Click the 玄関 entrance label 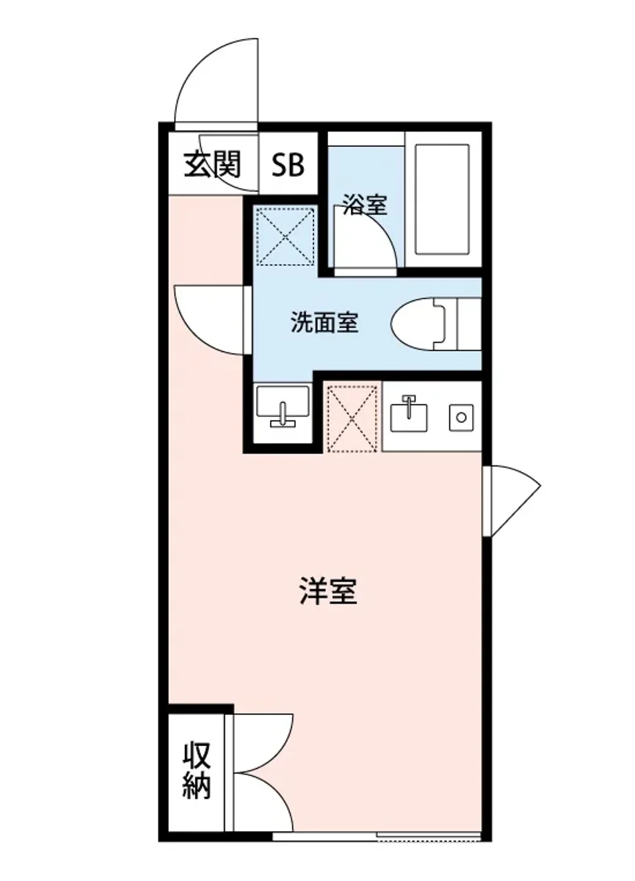coord(212,164)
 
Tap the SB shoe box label coord(289,165)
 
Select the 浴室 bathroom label coord(364,206)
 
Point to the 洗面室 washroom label coord(324,323)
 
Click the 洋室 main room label coord(328,592)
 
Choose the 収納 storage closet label coord(197,771)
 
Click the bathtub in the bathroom coord(441,200)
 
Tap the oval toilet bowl coord(418,323)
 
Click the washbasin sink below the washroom coord(282,406)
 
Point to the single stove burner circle coord(462,417)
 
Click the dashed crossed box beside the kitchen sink coord(352,416)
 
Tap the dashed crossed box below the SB coord(284,235)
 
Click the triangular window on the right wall coord(512,499)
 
